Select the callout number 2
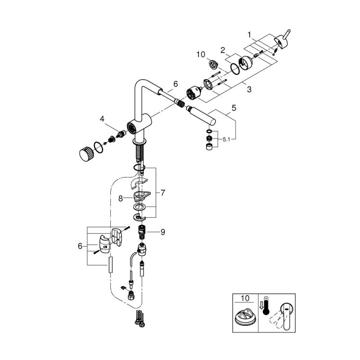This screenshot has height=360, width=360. (x=222, y=50)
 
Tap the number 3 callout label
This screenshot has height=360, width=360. (x=248, y=90)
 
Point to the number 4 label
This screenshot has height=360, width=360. (x=102, y=119)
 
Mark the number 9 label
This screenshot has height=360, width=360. (x=163, y=232)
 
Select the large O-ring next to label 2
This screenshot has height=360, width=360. (x=235, y=68)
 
